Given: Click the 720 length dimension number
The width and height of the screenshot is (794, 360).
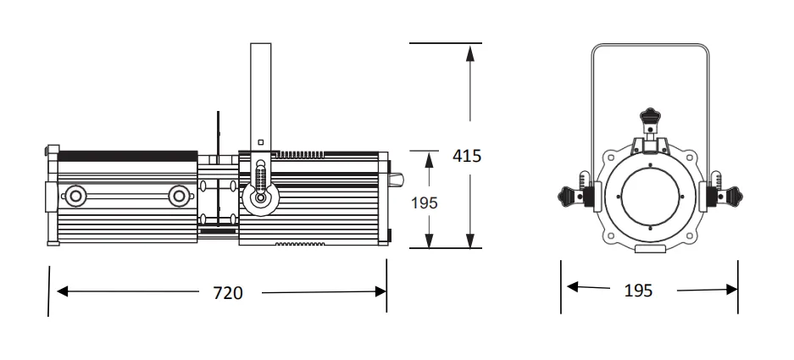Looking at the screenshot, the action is point(227,292).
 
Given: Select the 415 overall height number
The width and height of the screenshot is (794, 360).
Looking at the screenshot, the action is point(467,156).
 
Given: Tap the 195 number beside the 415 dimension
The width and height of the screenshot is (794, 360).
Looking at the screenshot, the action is point(425,202).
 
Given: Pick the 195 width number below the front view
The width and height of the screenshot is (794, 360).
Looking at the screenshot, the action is point(638,291).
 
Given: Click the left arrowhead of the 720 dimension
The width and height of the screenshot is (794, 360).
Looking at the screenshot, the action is point(63,291).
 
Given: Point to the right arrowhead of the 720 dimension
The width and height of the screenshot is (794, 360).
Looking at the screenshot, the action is point(380,291).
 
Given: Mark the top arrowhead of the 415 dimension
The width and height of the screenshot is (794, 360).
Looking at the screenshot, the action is point(470,53).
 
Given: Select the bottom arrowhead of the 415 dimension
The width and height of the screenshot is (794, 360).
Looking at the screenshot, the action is point(470,240).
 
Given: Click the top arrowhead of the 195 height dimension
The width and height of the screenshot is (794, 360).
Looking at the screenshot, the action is point(430,160).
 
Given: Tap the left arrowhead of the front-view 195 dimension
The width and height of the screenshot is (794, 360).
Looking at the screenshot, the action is point(572,287).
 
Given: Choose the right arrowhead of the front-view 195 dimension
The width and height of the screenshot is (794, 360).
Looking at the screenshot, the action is point(731,289).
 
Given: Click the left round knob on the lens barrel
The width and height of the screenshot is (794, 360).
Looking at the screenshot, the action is point(75,196).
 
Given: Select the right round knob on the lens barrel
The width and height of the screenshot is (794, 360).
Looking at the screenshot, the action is point(179,196).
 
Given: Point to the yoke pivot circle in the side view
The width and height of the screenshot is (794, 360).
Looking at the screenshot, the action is point(260,198).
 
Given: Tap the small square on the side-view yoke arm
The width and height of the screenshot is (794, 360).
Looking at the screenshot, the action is point(261,142).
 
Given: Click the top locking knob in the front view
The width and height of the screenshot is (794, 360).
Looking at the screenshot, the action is point(650,116).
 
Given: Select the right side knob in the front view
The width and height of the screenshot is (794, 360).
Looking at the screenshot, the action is point(732,196).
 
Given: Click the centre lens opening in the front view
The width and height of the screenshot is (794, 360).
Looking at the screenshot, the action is point(650,197).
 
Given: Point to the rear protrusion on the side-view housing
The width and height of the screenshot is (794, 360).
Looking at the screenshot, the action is point(396,179).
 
